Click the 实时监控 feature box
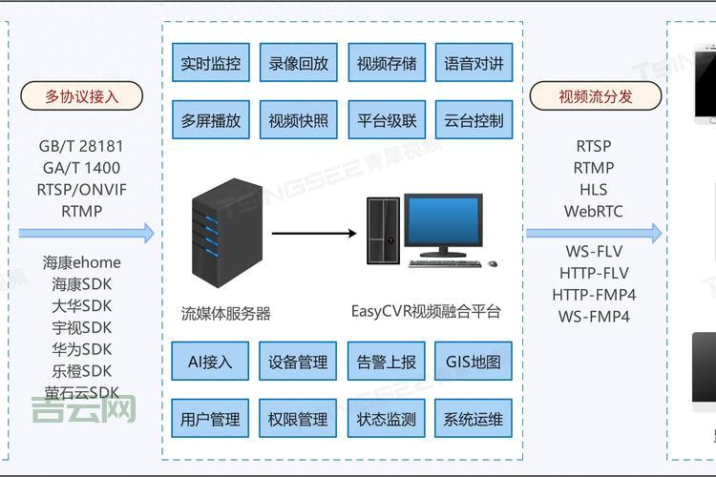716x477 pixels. click(x=210, y=65)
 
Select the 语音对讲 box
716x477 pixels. click(x=474, y=65)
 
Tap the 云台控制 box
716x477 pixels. click(x=474, y=121)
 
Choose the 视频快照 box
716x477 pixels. click(x=298, y=121)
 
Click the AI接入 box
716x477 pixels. click(x=210, y=363)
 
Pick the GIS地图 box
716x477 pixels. click(x=474, y=363)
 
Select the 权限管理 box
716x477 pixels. click(x=298, y=419)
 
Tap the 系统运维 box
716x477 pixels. click(x=474, y=419)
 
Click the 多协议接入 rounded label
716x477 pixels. click(x=81, y=96)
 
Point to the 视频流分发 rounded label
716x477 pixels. click(x=595, y=96)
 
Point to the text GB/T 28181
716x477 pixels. click(x=81, y=147)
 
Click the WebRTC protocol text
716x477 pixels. click(x=593, y=212)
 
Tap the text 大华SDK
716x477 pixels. click(x=82, y=306)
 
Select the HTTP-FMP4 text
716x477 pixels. click(x=594, y=295)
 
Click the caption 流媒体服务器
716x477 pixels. click(x=226, y=313)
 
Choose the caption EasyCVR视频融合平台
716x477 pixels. click(x=426, y=311)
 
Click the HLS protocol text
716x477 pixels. click(x=593, y=190)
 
